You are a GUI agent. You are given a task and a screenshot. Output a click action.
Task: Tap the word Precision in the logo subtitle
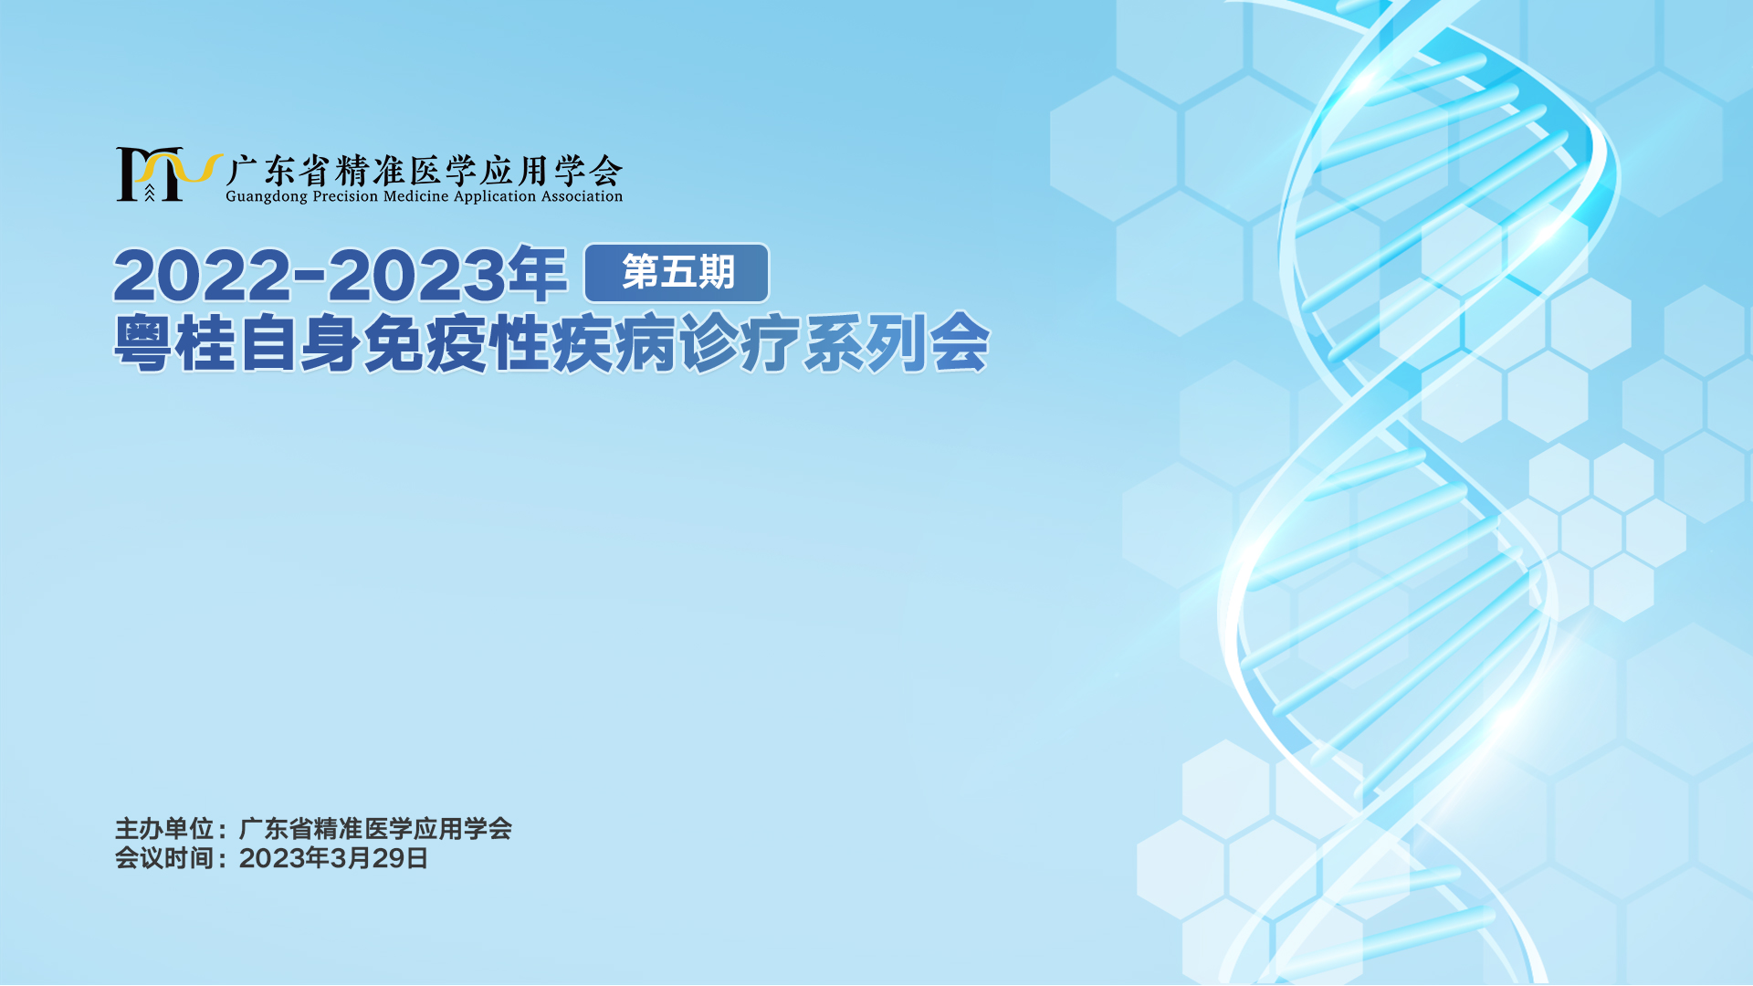345,196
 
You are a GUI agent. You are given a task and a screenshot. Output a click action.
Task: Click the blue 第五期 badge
677,273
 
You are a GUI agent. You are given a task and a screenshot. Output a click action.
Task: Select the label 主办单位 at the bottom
164,829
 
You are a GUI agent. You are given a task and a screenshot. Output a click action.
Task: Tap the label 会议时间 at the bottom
164,858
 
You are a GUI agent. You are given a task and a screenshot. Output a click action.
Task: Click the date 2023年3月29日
333,858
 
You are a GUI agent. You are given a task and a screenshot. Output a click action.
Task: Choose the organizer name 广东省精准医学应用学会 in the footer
375,829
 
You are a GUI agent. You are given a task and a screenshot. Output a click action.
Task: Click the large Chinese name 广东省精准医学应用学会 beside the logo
425,170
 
